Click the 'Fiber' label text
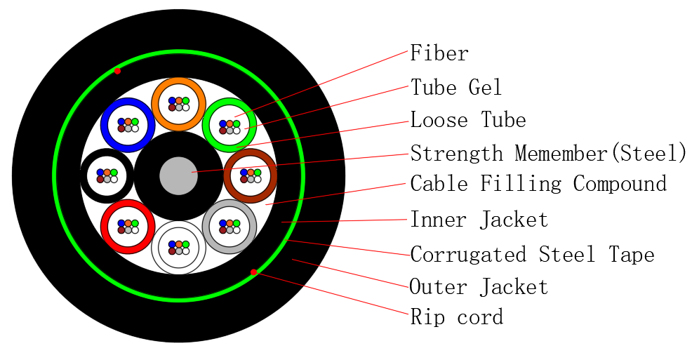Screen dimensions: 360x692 point(439,53)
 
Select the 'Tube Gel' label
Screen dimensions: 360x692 point(456,88)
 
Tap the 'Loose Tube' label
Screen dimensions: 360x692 point(468,120)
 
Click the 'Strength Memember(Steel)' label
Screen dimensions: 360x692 point(548,153)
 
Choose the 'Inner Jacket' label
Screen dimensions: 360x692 point(479,220)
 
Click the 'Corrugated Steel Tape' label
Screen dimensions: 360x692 point(532,254)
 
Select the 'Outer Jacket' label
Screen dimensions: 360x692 point(479,286)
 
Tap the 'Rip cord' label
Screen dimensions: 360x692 point(457,317)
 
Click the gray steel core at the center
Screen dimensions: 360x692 point(178,175)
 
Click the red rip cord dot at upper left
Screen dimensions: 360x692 point(117,71)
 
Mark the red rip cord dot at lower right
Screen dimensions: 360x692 point(253,272)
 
